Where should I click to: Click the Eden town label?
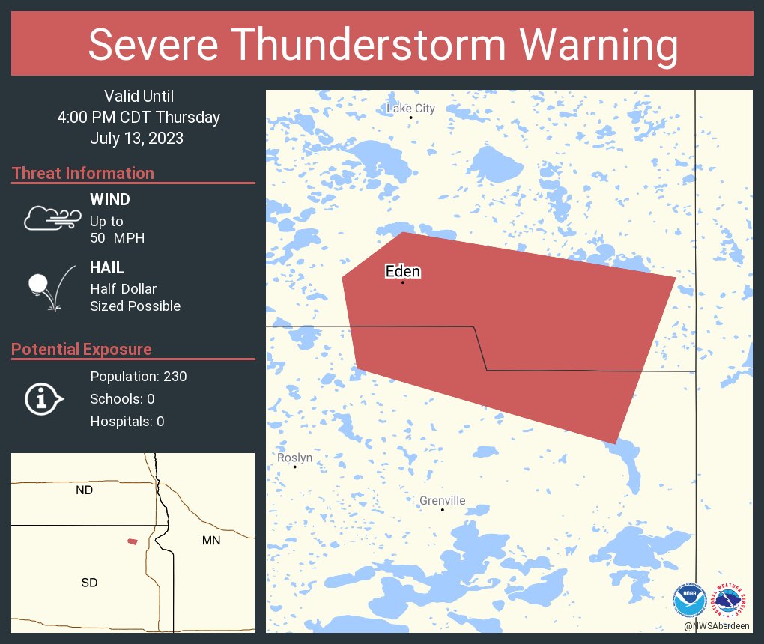(x=402, y=271)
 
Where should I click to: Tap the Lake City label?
(x=410, y=109)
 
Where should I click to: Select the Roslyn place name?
(x=294, y=458)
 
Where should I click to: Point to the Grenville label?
(x=442, y=500)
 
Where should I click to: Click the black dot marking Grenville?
(x=442, y=510)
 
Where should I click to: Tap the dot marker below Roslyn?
(x=295, y=467)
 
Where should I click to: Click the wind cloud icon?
(x=52, y=218)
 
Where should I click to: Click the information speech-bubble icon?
(x=44, y=399)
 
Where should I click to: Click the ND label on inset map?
(x=85, y=490)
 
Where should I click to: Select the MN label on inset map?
(x=211, y=540)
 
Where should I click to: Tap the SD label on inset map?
(x=89, y=582)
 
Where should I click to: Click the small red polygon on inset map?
(x=132, y=541)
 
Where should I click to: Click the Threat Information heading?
(x=83, y=173)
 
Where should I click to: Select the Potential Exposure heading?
(x=82, y=349)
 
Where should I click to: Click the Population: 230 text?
(x=138, y=376)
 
